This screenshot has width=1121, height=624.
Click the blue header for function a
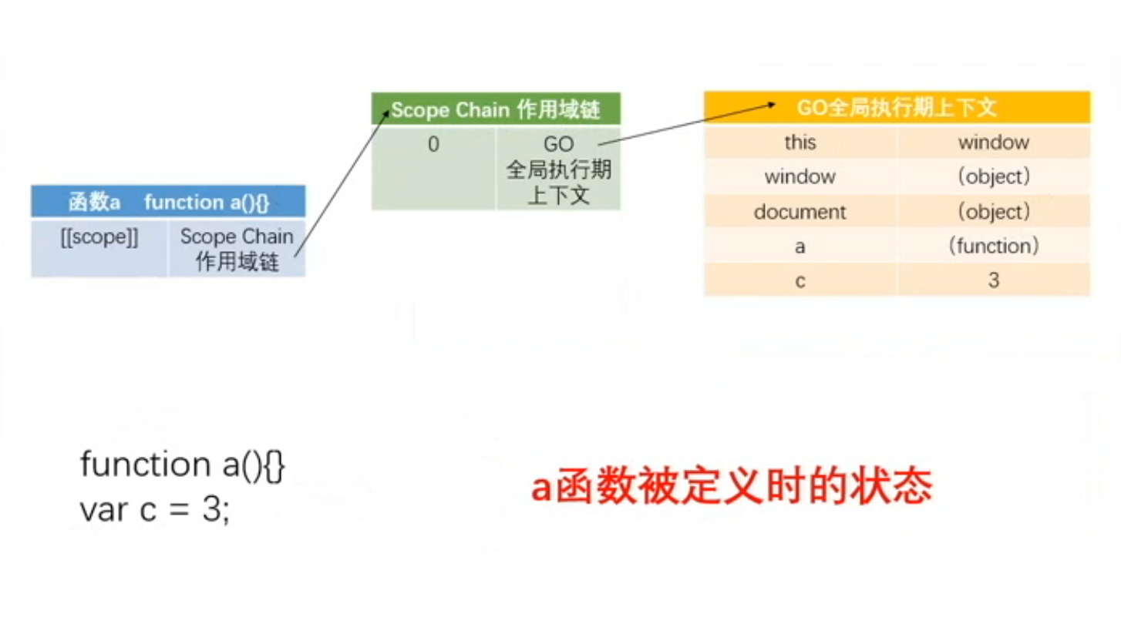click(x=168, y=201)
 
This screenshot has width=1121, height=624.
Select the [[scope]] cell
click(x=99, y=248)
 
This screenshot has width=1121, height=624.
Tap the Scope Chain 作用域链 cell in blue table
click(x=237, y=248)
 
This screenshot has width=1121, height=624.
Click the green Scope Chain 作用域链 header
click(x=496, y=109)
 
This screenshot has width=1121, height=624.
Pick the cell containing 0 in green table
click(x=433, y=169)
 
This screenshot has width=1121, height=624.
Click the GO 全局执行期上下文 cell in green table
click(x=558, y=169)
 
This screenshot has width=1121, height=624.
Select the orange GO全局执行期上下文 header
click(x=897, y=107)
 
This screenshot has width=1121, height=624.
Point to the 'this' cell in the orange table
click(x=800, y=143)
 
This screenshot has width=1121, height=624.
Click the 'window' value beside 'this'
click(x=994, y=143)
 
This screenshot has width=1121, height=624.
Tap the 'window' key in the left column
click(x=800, y=176)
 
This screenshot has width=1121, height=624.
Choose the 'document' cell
click(x=800, y=212)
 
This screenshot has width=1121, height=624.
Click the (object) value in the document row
click(x=994, y=212)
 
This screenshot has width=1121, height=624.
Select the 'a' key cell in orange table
click(x=800, y=246)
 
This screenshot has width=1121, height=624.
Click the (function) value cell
click(x=994, y=246)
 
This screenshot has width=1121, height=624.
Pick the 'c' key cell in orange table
click(x=800, y=280)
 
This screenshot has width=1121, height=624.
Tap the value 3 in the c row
click(x=994, y=280)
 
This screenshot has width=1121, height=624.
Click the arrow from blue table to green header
click(x=342, y=183)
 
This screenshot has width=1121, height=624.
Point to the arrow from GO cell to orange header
click(x=687, y=124)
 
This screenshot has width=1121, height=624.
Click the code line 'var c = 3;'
click(x=155, y=510)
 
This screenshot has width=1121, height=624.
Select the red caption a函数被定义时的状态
click(x=732, y=485)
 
